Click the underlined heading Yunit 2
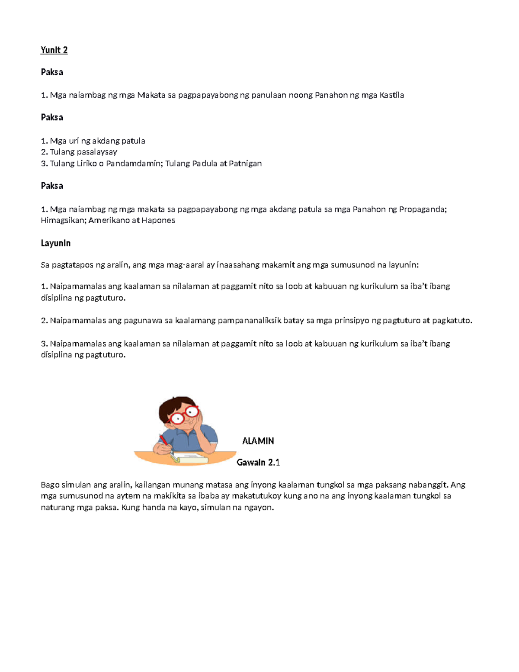pos(54,50)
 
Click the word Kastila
pos(391,95)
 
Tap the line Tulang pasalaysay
pos(79,152)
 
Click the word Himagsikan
pos(63,221)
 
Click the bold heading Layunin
pos(56,243)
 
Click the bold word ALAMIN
pos(258,441)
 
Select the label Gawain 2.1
pos(258,463)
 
